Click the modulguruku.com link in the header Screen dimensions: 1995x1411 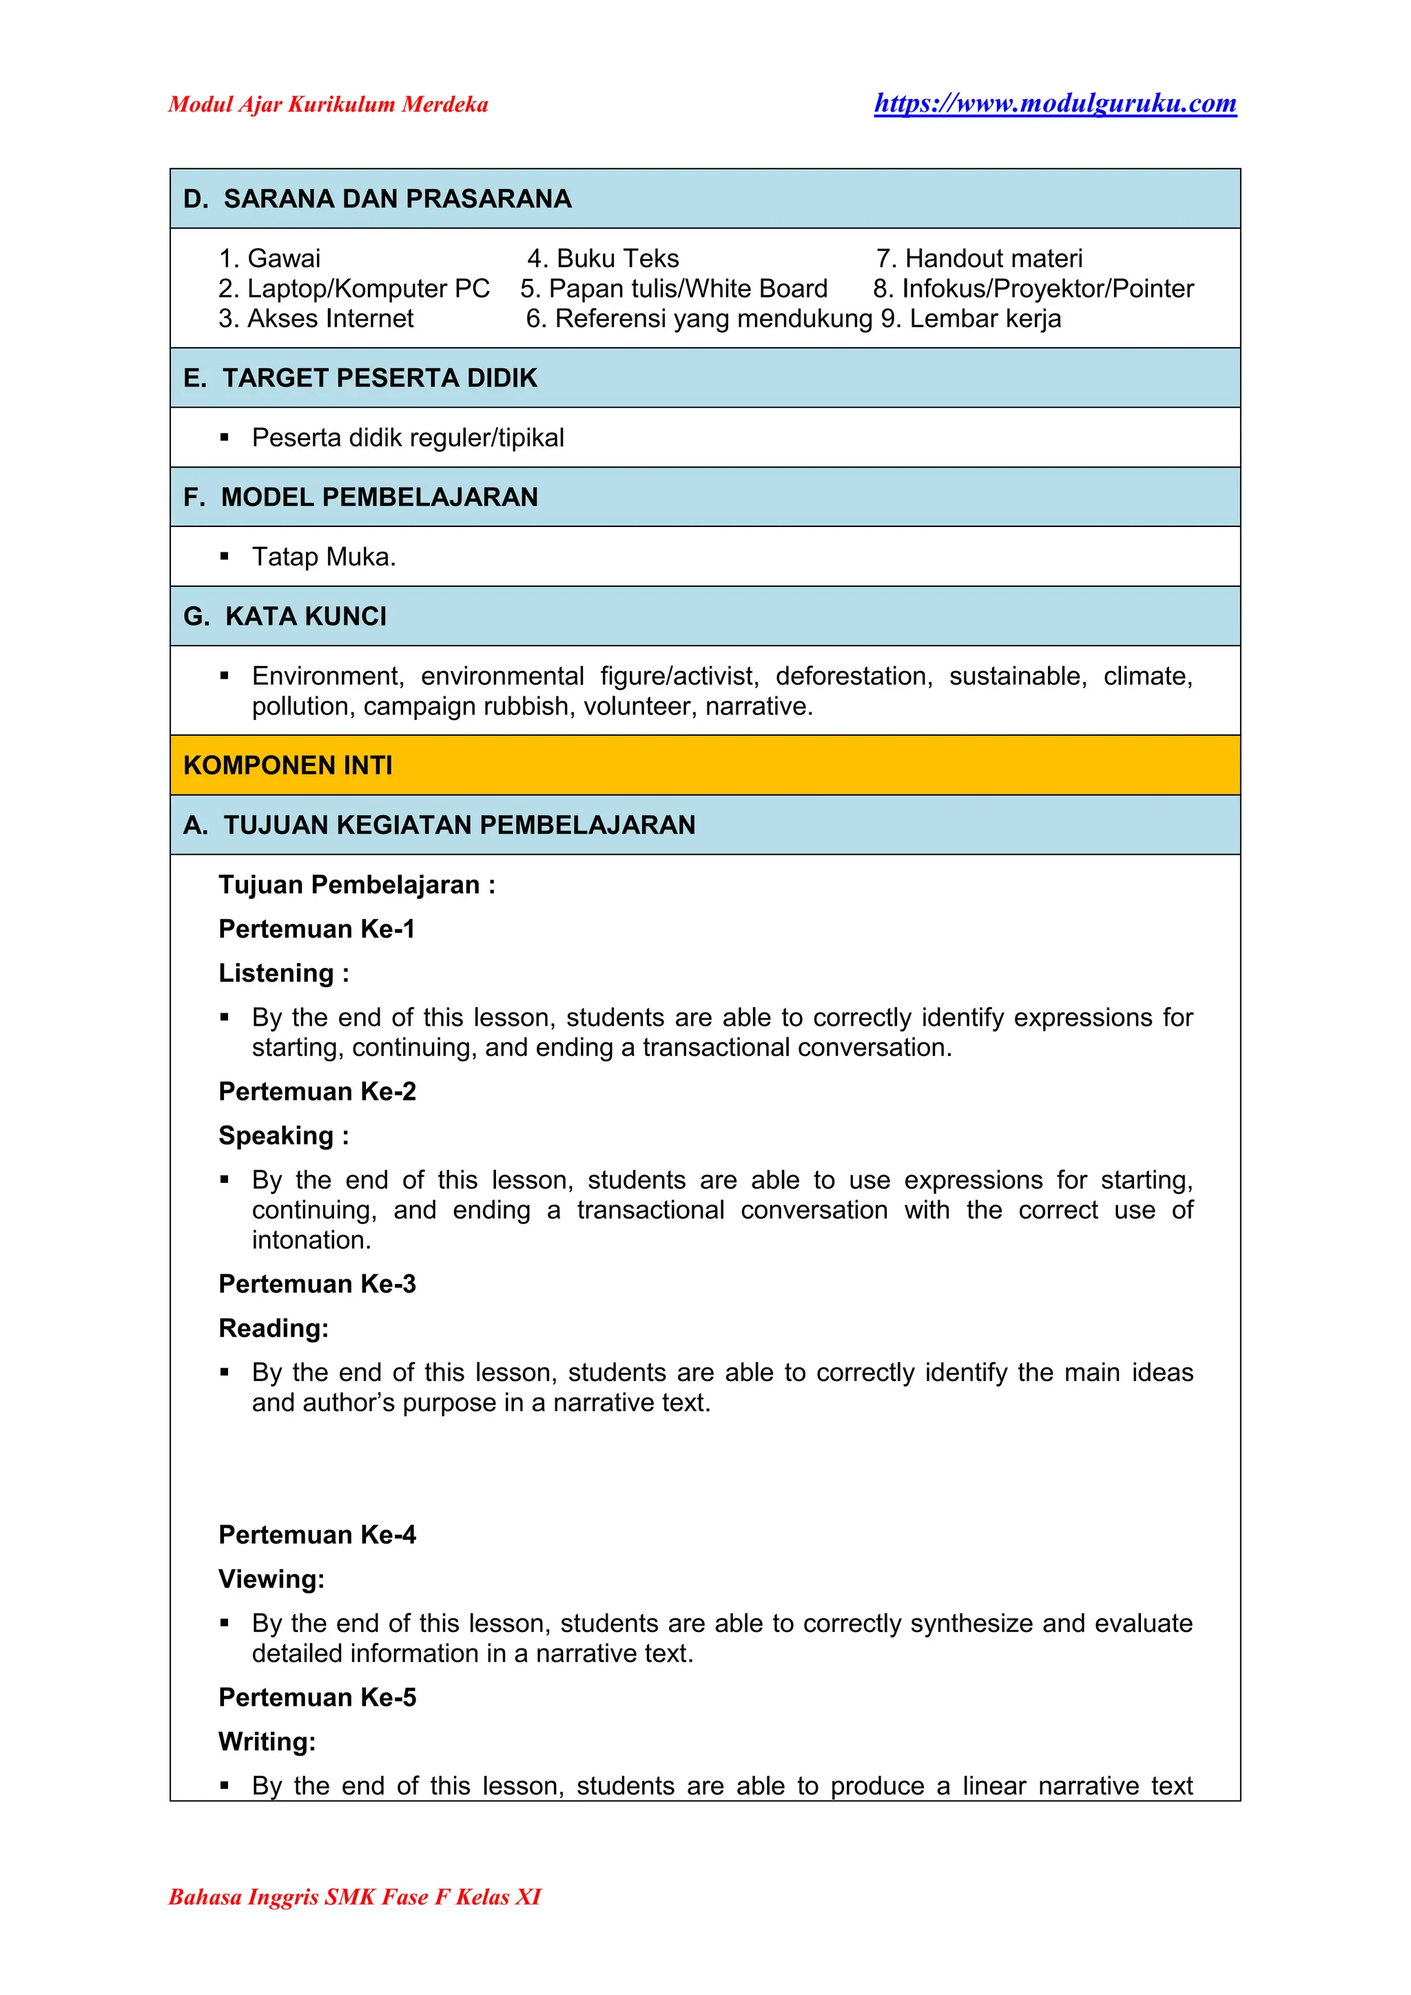click(x=1055, y=103)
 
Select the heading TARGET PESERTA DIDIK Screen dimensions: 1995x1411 click(x=379, y=378)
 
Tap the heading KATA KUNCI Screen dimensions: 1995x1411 click(x=305, y=616)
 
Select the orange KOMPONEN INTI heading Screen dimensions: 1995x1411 click(x=287, y=765)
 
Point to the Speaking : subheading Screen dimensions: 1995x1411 click(x=283, y=1136)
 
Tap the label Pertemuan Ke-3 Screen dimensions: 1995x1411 click(x=317, y=1283)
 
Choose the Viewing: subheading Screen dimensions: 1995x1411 click(x=271, y=1579)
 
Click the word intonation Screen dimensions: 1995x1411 click(x=311, y=1240)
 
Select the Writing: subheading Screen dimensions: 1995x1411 click(x=267, y=1741)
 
